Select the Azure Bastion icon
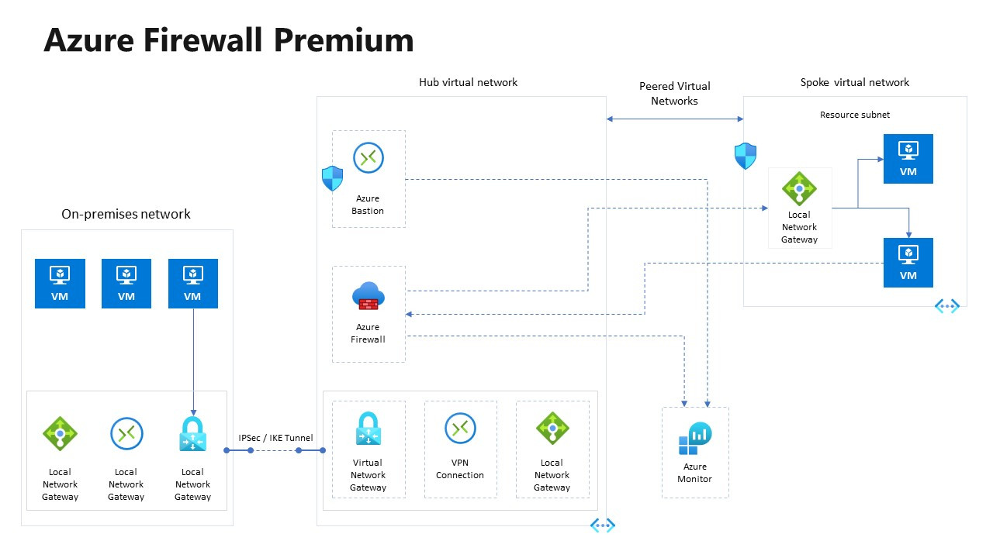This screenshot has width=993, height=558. (368, 158)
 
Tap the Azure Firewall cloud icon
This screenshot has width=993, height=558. (368, 296)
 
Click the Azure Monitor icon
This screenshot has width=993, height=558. (694, 439)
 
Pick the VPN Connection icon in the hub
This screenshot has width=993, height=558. (460, 428)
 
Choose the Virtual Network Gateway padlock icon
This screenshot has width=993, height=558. (368, 429)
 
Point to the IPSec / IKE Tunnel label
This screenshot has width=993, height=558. (275, 438)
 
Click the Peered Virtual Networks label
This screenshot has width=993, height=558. (674, 94)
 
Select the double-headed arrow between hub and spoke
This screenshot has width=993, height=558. (674, 119)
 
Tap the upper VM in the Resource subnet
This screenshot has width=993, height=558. (908, 159)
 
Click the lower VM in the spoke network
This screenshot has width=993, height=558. (908, 263)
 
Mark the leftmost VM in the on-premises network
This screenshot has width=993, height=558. (60, 284)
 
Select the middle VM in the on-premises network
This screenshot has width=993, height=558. (126, 284)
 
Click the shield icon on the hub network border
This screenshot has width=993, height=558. (332, 179)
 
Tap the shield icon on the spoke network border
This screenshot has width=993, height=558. (745, 157)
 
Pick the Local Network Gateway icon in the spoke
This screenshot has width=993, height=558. (799, 188)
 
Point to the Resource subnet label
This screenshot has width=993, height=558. (854, 115)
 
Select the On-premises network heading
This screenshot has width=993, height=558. (126, 214)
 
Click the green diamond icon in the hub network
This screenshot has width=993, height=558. (552, 429)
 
